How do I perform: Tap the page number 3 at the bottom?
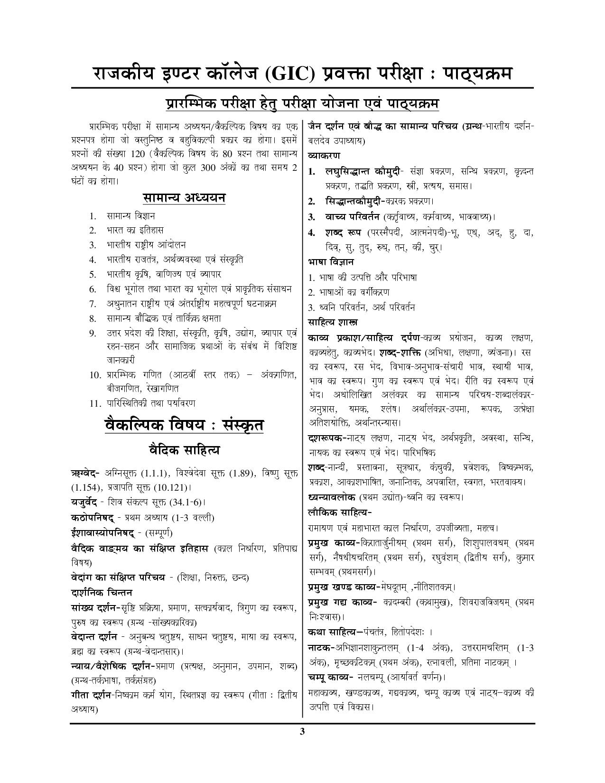tap(302, 731)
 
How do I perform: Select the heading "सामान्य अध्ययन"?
tap(184, 197)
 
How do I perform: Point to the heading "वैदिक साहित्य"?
tap(184, 449)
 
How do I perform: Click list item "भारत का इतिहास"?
tap(135, 230)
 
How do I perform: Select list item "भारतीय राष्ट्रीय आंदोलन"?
tap(146, 245)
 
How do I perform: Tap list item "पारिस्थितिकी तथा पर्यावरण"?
tap(151, 403)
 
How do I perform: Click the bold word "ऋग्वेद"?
tap(84, 473)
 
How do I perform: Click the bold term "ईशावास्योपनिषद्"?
tap(102, 532)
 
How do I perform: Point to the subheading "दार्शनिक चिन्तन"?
tap(101, 593)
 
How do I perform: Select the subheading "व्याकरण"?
tap(324, 155)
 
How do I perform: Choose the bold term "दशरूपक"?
tap(326, 438)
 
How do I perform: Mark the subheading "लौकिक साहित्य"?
tap(339, 513)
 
